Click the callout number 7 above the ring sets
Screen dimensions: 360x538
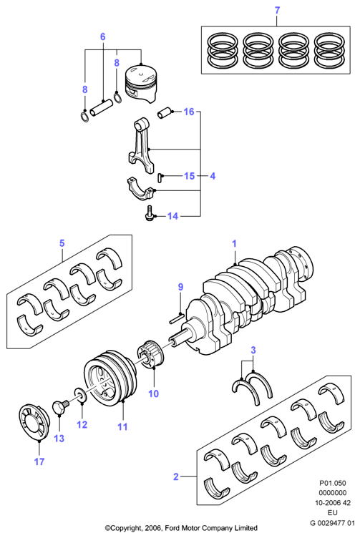(x=277, y=10)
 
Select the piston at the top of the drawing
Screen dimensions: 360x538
(x=141, y=83)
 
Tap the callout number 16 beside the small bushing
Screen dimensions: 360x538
(x=189, y=112)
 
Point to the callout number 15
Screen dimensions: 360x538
(x=189, y=176)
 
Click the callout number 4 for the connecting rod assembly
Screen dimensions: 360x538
(x=213, y=176)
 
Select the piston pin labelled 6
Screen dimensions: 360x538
(x=101, y=107)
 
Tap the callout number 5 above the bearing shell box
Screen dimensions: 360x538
(x=62, y=243)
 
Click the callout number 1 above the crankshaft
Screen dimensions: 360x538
(x=235, y=244)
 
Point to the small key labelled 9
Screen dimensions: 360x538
(x=177, y=318)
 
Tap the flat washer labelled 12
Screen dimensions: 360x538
(x=81, y=396)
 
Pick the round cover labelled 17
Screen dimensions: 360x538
(x=33, y=422)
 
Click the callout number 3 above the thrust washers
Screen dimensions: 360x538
(x=253, y=351)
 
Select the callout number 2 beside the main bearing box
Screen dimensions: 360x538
(x=176, y=476)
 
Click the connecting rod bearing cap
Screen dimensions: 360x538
(x=142, y=189)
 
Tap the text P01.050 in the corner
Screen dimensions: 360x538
(x=333, y=483)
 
